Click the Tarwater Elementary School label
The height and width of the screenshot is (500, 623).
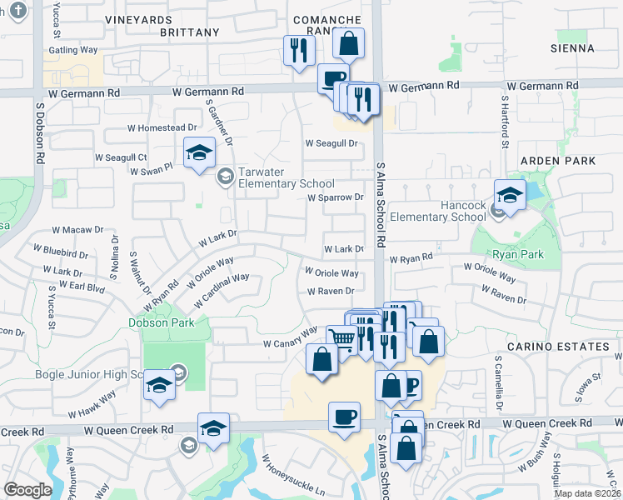[x=286, y=177]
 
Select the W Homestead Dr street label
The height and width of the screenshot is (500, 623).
[x=162, y=128]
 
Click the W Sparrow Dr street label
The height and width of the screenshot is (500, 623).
[x=336, y=198]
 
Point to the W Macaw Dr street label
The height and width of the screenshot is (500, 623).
[x=77, y=229]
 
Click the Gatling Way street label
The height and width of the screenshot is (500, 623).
[x=73, y=50]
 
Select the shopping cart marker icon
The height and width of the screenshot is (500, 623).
[x=341, y=338]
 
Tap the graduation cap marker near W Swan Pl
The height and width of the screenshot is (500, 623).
[x=199, y=152]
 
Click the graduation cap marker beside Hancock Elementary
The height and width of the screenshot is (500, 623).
[x=510, y=195]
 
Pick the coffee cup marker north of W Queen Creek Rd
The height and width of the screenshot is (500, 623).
[x=344, y=416]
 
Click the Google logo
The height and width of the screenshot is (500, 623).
[x=28, y=490]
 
